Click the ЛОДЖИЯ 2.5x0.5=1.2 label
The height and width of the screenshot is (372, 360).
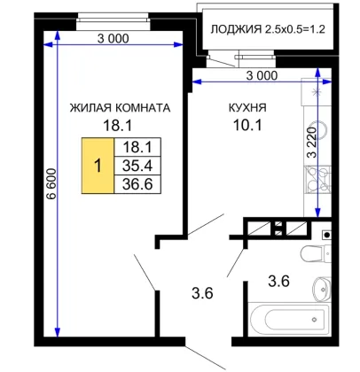click(268, 29)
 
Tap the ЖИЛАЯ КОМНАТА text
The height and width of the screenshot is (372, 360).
click(120, 108)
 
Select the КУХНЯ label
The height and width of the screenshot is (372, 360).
click(247, 108)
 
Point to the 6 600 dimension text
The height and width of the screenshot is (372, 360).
click(51, 184)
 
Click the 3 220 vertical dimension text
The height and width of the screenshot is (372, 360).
click(312, 143)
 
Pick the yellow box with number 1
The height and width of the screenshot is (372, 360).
click(98, 166)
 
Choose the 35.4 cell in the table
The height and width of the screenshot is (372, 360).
click(137, 166)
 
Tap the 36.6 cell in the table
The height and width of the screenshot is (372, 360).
click(137, 184)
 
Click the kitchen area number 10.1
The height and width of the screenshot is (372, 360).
click(247, 126)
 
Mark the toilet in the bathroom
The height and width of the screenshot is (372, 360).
click(316, 253)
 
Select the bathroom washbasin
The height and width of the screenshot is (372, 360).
click(322, 288)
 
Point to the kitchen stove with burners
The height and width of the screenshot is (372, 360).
click(317, 180)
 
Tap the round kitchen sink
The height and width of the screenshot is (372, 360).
click(321, 129)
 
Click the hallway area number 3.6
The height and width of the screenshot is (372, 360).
click(202, 293)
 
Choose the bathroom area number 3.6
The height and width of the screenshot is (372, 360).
click(278, 281)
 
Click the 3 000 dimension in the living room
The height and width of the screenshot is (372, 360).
click(113, 39)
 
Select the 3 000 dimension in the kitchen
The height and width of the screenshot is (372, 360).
click(262, 76)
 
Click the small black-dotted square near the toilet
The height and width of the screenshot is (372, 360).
click(326, 235)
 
